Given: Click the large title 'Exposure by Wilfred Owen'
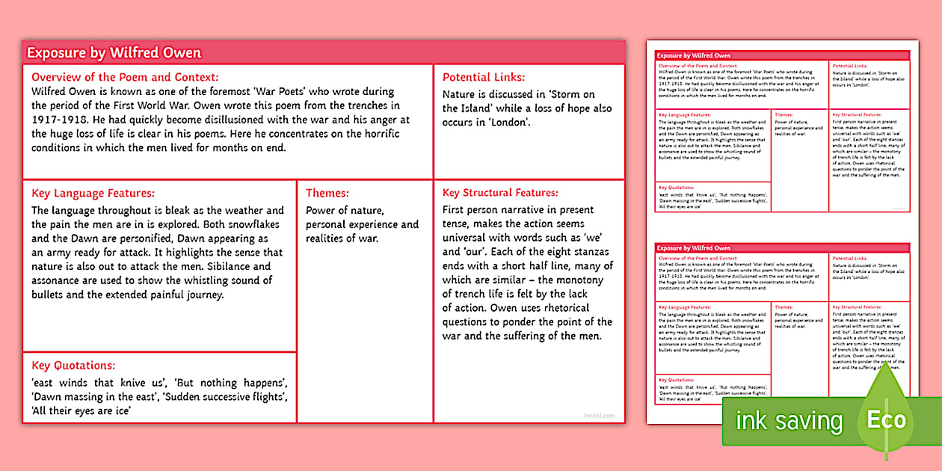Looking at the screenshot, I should click(x=114, y=52).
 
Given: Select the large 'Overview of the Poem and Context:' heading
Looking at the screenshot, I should click(x=125, y=77).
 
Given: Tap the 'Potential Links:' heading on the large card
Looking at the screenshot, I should click(x=484, y=77).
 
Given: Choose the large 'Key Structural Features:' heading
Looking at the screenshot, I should click(x=500, y=193).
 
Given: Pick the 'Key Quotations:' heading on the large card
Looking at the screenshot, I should click(x=73, y=366).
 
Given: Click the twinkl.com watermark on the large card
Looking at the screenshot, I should click(x=599, y=414).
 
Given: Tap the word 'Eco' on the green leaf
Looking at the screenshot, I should click(x=886, y=420).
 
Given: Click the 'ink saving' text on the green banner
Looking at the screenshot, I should click(x=789, y=421).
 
